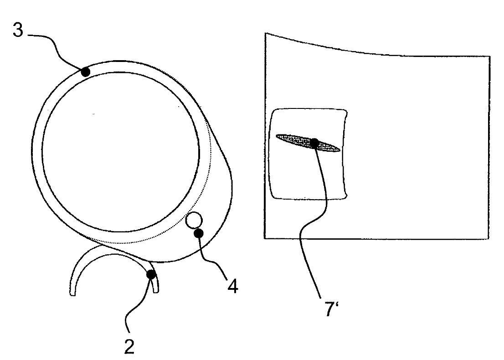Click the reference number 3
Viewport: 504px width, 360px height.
tap(18, 30)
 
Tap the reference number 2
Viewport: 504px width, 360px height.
tap(129, 346)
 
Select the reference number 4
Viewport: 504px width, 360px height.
tap(233, 286)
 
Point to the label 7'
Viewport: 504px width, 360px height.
tap(332, 309)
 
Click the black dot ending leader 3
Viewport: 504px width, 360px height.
tap(86, 72)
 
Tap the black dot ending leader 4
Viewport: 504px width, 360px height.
tap(198, 233)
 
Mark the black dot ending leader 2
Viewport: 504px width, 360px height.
tap(151, 274)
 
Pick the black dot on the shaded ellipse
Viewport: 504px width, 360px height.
tap(314, 143)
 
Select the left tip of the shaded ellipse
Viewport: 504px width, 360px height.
tap(277, 136)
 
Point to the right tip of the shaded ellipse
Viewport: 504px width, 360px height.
tap(340, 150)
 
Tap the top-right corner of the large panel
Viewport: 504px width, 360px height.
tap(490, 57)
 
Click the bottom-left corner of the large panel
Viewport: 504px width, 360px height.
tap(265, 238)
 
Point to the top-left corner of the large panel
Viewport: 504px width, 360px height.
tap(265, 33)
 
